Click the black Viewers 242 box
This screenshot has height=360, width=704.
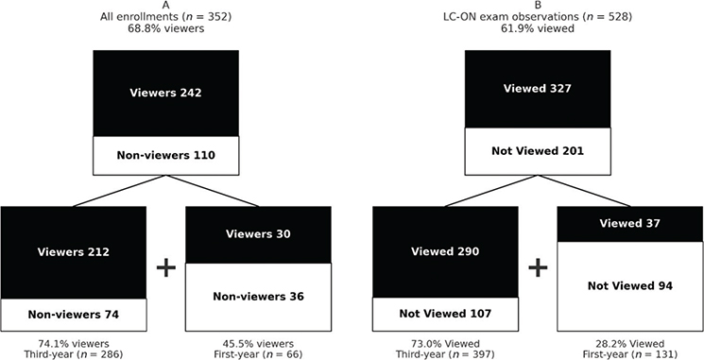[x=165, y=93]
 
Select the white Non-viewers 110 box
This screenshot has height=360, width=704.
[x=165, y=155]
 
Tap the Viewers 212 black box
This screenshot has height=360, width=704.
[x=74, y=252]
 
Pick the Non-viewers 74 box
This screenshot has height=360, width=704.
[x=74, y=314]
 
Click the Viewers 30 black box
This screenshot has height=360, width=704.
[x=259, y=235]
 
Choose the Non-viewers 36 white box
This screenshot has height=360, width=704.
[x=259, y=297]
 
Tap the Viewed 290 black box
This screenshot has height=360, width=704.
[x=445, y=252]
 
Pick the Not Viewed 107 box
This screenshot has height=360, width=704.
[x=445, y=314]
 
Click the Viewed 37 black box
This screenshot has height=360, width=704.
[x=630, y=224]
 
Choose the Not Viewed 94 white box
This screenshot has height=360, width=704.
[x=630, y=285]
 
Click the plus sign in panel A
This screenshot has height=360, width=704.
[x=166, y=267]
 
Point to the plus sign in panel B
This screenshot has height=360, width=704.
[x=538, y=267]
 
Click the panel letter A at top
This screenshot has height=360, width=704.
[x=165, y=6]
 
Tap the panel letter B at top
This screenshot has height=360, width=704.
[x=538, y=6]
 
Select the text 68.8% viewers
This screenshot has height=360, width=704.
[x=165, y=29]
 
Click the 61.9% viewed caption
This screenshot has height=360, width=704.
[x=538, y=29]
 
